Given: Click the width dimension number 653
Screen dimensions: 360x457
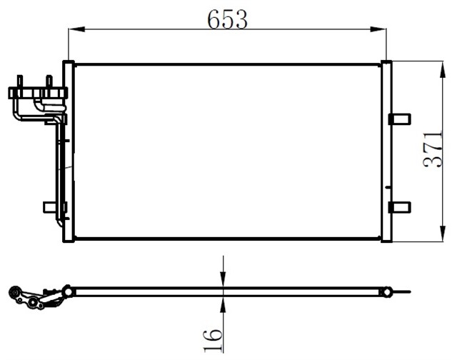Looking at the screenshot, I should [x=228, y=20].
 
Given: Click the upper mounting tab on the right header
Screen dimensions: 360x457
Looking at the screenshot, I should [x=400, y=119].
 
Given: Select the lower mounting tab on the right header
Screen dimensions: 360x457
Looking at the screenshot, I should [x=400, y=207].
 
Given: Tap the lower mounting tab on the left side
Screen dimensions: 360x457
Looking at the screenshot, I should [x=51, y=207].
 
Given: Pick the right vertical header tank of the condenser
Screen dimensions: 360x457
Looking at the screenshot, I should [x=386, y=151].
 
